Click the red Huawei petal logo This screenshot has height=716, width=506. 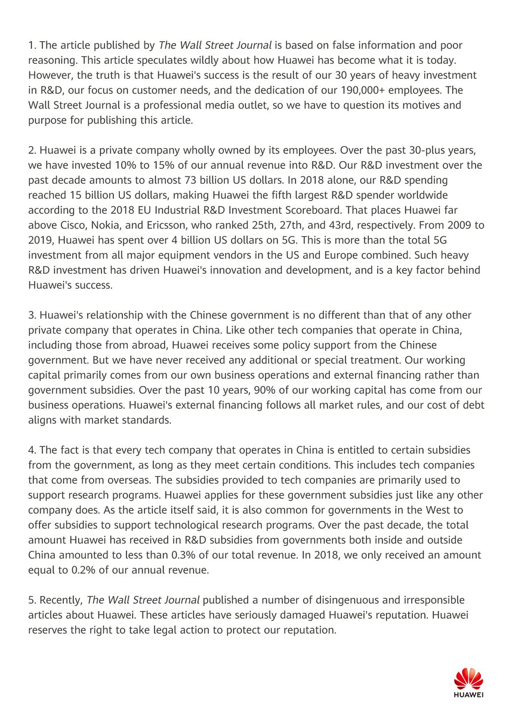(x=468, y=678)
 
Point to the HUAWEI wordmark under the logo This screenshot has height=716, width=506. (x=468, y=695)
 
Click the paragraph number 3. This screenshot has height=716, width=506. (x=32, y=315)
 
